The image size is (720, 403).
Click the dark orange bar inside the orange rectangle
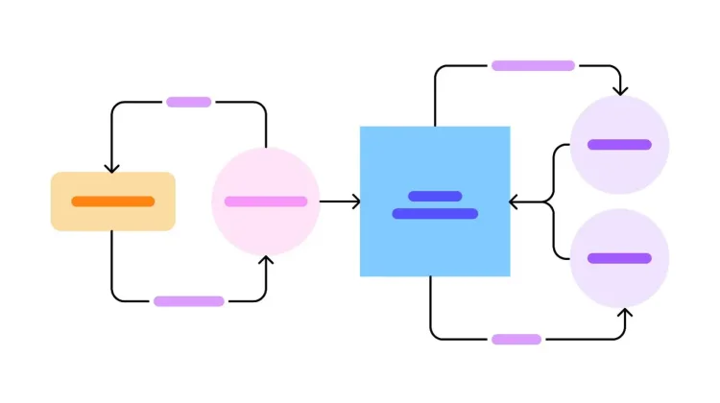(x=112, y=201)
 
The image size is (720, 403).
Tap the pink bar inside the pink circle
(x=266, y=201)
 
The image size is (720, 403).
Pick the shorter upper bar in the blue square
(x=435, y=196)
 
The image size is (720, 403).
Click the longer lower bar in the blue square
(x=435, y=213)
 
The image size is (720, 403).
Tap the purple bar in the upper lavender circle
(x=619, y=145)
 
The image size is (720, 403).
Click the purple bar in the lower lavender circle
(x=619, y=258)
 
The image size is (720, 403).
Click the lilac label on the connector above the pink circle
(x=189, y=102)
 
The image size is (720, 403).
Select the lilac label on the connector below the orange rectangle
(x=189, y=301)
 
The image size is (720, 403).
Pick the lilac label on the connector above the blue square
(x=533, y=65)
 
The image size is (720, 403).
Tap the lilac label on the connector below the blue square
(x=516, y=339)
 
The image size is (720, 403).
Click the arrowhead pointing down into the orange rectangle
(x=112, y=168)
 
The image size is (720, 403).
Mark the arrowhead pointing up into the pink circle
(x=267, y=260)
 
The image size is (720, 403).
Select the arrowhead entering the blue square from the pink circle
(x=355, y=201)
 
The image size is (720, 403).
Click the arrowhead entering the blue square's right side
(x=515, y=201)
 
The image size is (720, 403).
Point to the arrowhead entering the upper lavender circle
(x=621, y=91)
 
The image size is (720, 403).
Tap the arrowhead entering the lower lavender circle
(x=625, y=313)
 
